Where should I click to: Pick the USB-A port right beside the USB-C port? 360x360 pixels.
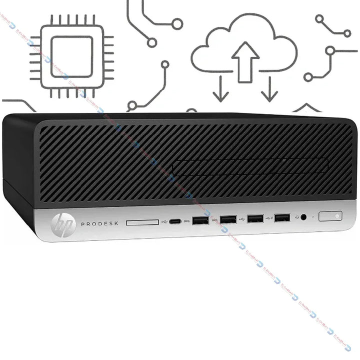199,220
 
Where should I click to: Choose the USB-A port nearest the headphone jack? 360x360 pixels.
282,217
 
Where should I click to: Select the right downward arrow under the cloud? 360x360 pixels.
270,89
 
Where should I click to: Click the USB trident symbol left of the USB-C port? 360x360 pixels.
164,221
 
